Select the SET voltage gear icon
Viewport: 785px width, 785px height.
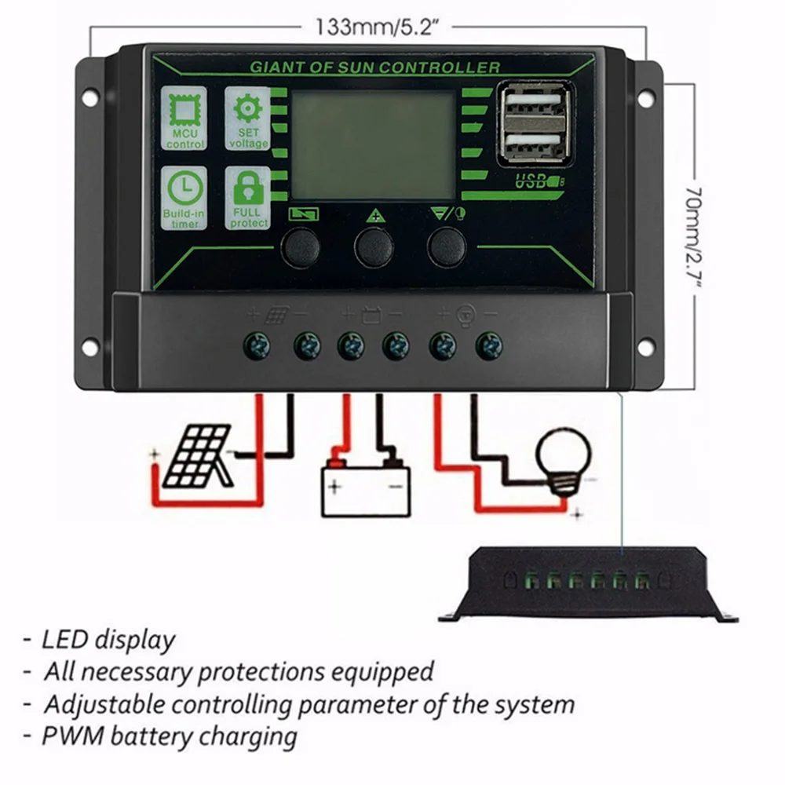(248, 118)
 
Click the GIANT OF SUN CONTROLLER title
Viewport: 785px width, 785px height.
(374, 68)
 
